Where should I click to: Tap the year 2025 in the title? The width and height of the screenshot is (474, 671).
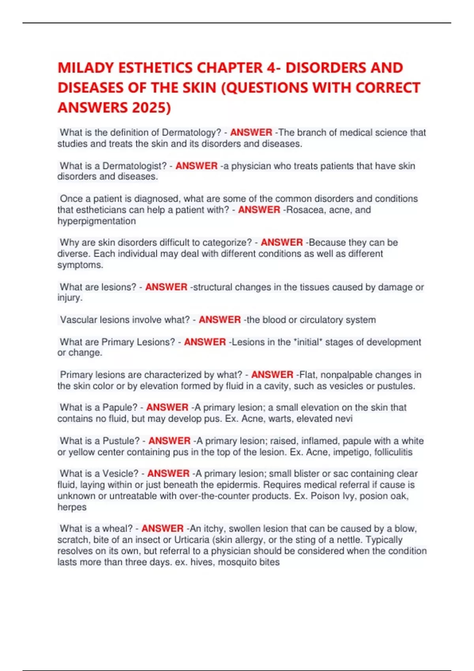(x=152, y=107)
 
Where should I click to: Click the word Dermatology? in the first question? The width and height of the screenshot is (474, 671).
(x=191, y=133)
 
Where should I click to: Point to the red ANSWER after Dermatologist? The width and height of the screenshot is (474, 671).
(x=196, y=166)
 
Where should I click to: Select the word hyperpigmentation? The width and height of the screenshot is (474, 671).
(x=96, y=221)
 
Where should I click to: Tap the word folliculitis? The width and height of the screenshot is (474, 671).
(x=393, y=452)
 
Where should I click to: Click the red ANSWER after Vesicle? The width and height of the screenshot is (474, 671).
(x=168, y=473)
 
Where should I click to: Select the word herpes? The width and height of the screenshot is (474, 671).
(x=72, y=507)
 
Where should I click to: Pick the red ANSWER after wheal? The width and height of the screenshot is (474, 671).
(x=162, y=529)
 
